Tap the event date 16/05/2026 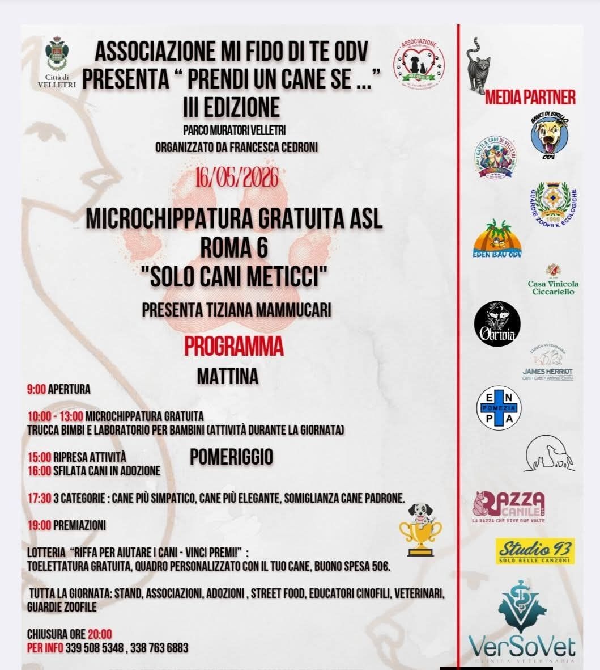tap(237, 178)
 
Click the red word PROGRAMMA tap(233, 345)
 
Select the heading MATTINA tap(228, 376)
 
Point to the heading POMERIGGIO tap(231, 457)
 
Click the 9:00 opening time tap(36, 390)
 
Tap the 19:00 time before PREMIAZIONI tap(39, 525)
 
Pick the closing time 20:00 tap(100, 634)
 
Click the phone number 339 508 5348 tap(94, 648)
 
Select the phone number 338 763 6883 tap(159, 648)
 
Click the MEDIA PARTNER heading tap(530, 97)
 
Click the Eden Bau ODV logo tap(497, 239)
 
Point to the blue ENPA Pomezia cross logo tap(497, 408)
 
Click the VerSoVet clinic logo tap(522, 622)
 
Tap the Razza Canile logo tap(509, 506)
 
